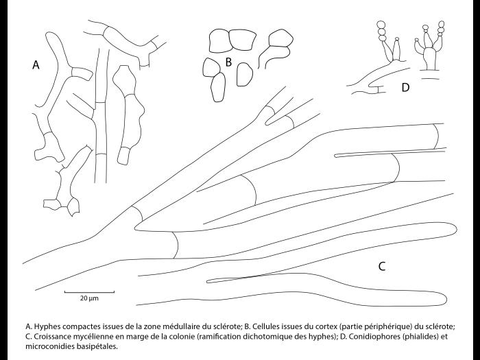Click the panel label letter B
point(228,62)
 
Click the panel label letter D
point(405,87)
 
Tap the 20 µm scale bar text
point(88,299)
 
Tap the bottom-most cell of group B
point(218,87)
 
